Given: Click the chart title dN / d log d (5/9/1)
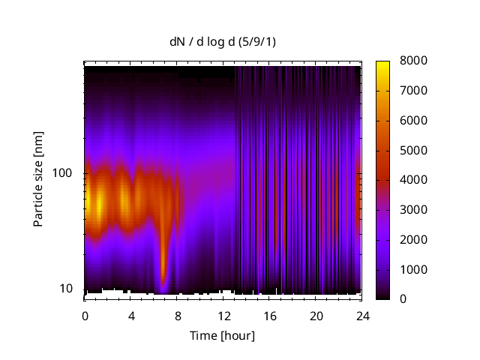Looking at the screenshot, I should [222, 42].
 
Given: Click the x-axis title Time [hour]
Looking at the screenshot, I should [222, 335].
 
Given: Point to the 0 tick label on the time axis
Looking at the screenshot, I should [85, 316].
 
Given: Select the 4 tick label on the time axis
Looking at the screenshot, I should [131, 316].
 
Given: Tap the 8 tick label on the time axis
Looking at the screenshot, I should [177, 316].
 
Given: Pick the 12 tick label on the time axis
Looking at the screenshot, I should [223, 316].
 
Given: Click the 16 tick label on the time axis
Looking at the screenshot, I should [270, 316].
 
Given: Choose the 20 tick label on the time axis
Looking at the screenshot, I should [316, 316].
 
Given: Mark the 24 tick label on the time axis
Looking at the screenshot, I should [362, 316].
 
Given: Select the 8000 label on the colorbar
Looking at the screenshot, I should [412, 61].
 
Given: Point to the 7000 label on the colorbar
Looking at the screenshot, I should [412, 91].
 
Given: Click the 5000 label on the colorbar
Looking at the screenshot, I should [412, 150].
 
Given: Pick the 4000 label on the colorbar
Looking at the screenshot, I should [412, 180].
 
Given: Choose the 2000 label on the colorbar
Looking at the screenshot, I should [412, 239].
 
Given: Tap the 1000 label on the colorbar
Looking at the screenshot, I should [412, 269].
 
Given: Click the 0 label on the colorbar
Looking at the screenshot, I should [403, 299].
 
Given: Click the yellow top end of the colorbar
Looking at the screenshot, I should [382, 63].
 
